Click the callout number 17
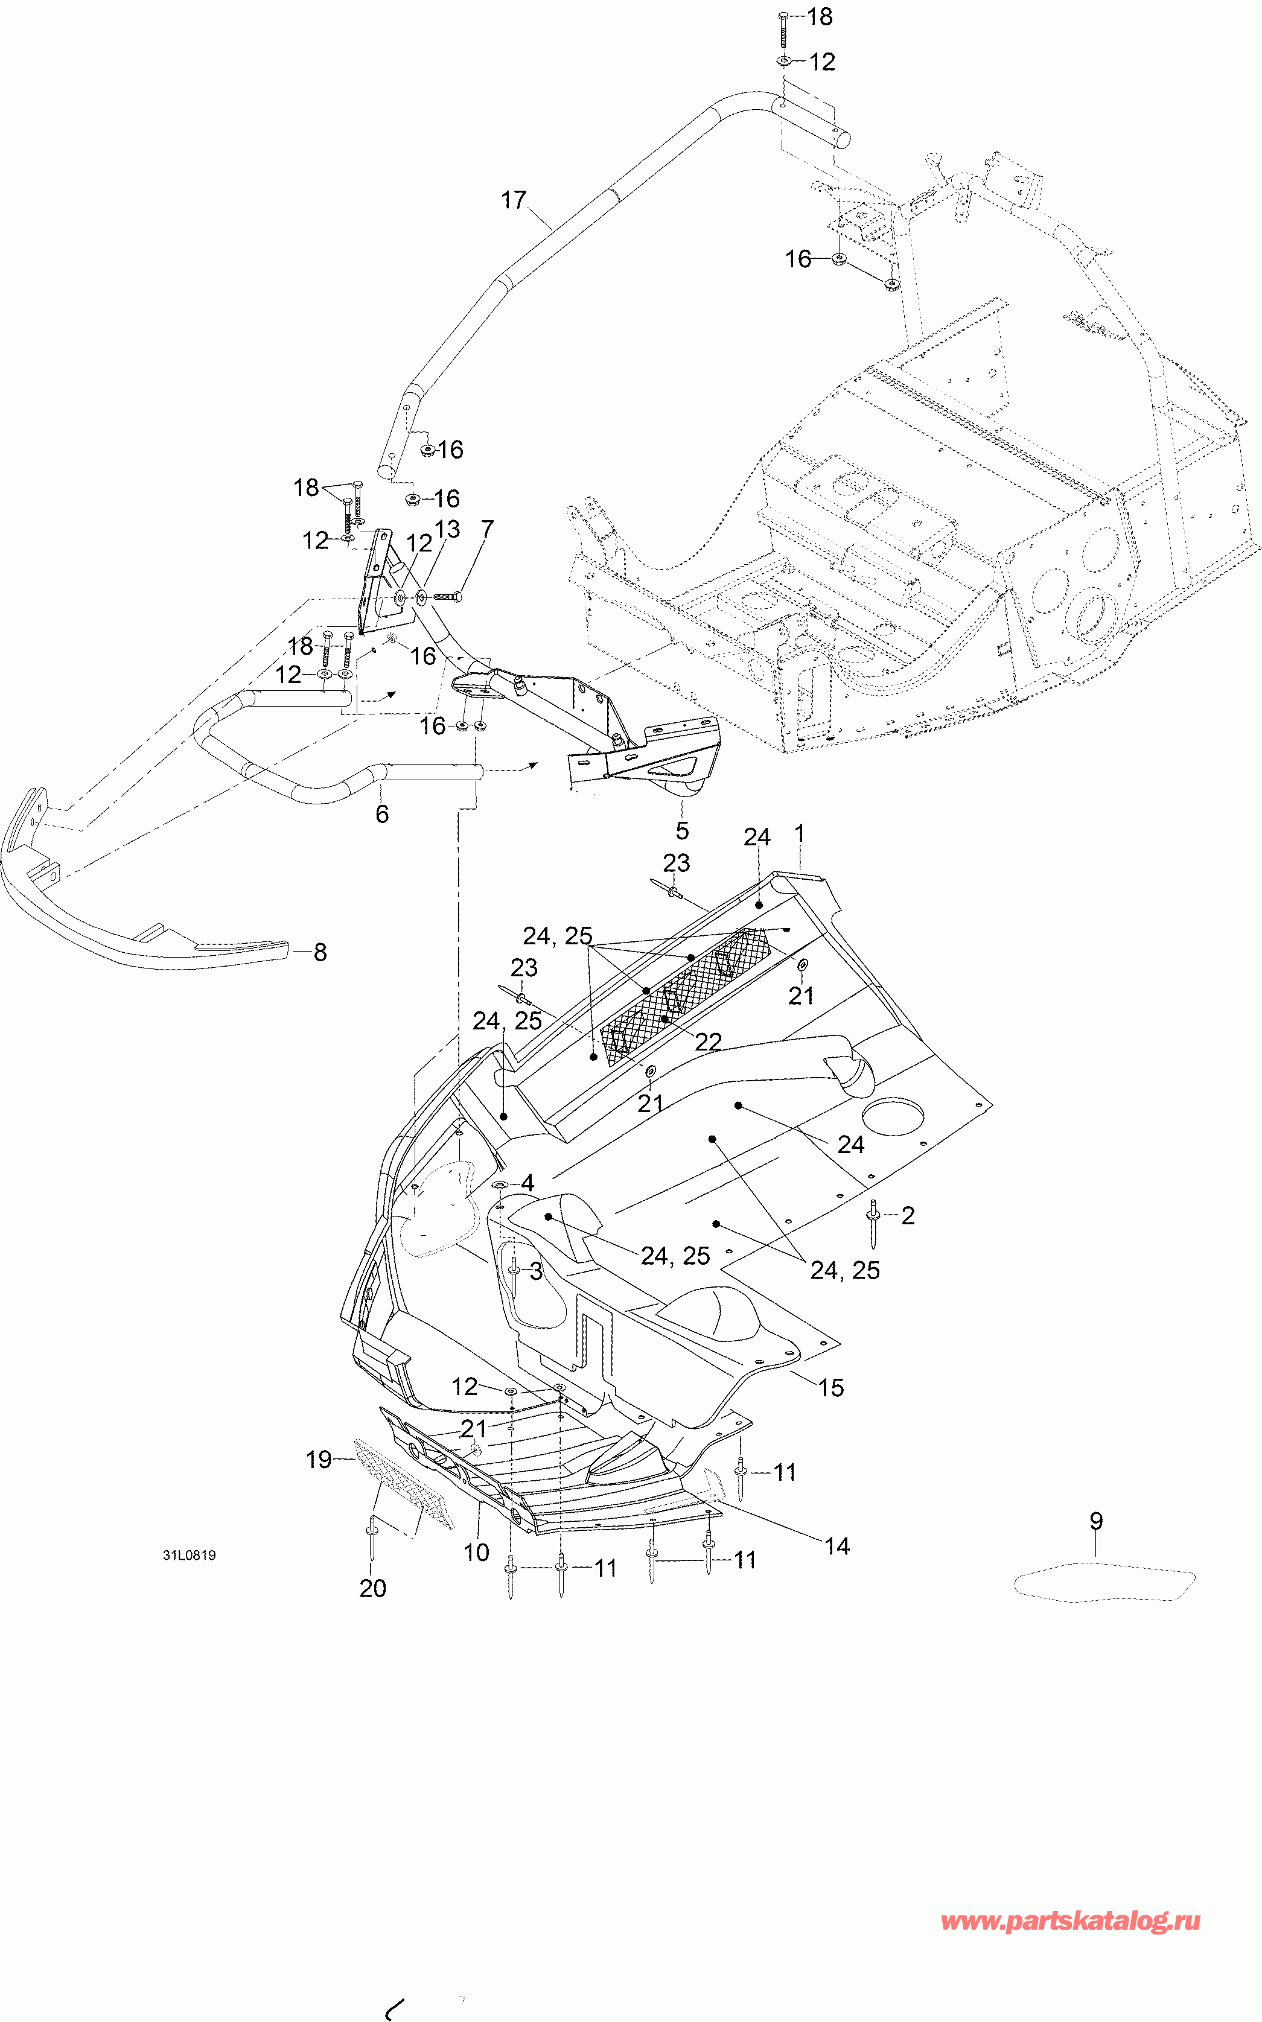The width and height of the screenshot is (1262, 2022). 514,200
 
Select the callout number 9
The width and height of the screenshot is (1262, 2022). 1096,1521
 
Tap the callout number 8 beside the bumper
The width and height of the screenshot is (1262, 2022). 320,952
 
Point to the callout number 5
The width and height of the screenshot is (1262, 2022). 682,830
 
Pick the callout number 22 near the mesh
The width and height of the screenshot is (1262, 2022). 708,1041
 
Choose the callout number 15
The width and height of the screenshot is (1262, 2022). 830,1388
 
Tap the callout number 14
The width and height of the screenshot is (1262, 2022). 837,1547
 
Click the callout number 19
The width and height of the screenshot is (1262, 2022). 319,1460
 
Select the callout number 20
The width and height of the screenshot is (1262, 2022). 372,1588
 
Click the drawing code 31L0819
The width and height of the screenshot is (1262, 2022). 190,1555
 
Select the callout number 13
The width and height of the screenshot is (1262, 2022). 447,529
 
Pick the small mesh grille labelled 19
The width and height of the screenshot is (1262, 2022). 404,1483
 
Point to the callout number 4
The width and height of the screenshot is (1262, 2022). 527,1183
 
